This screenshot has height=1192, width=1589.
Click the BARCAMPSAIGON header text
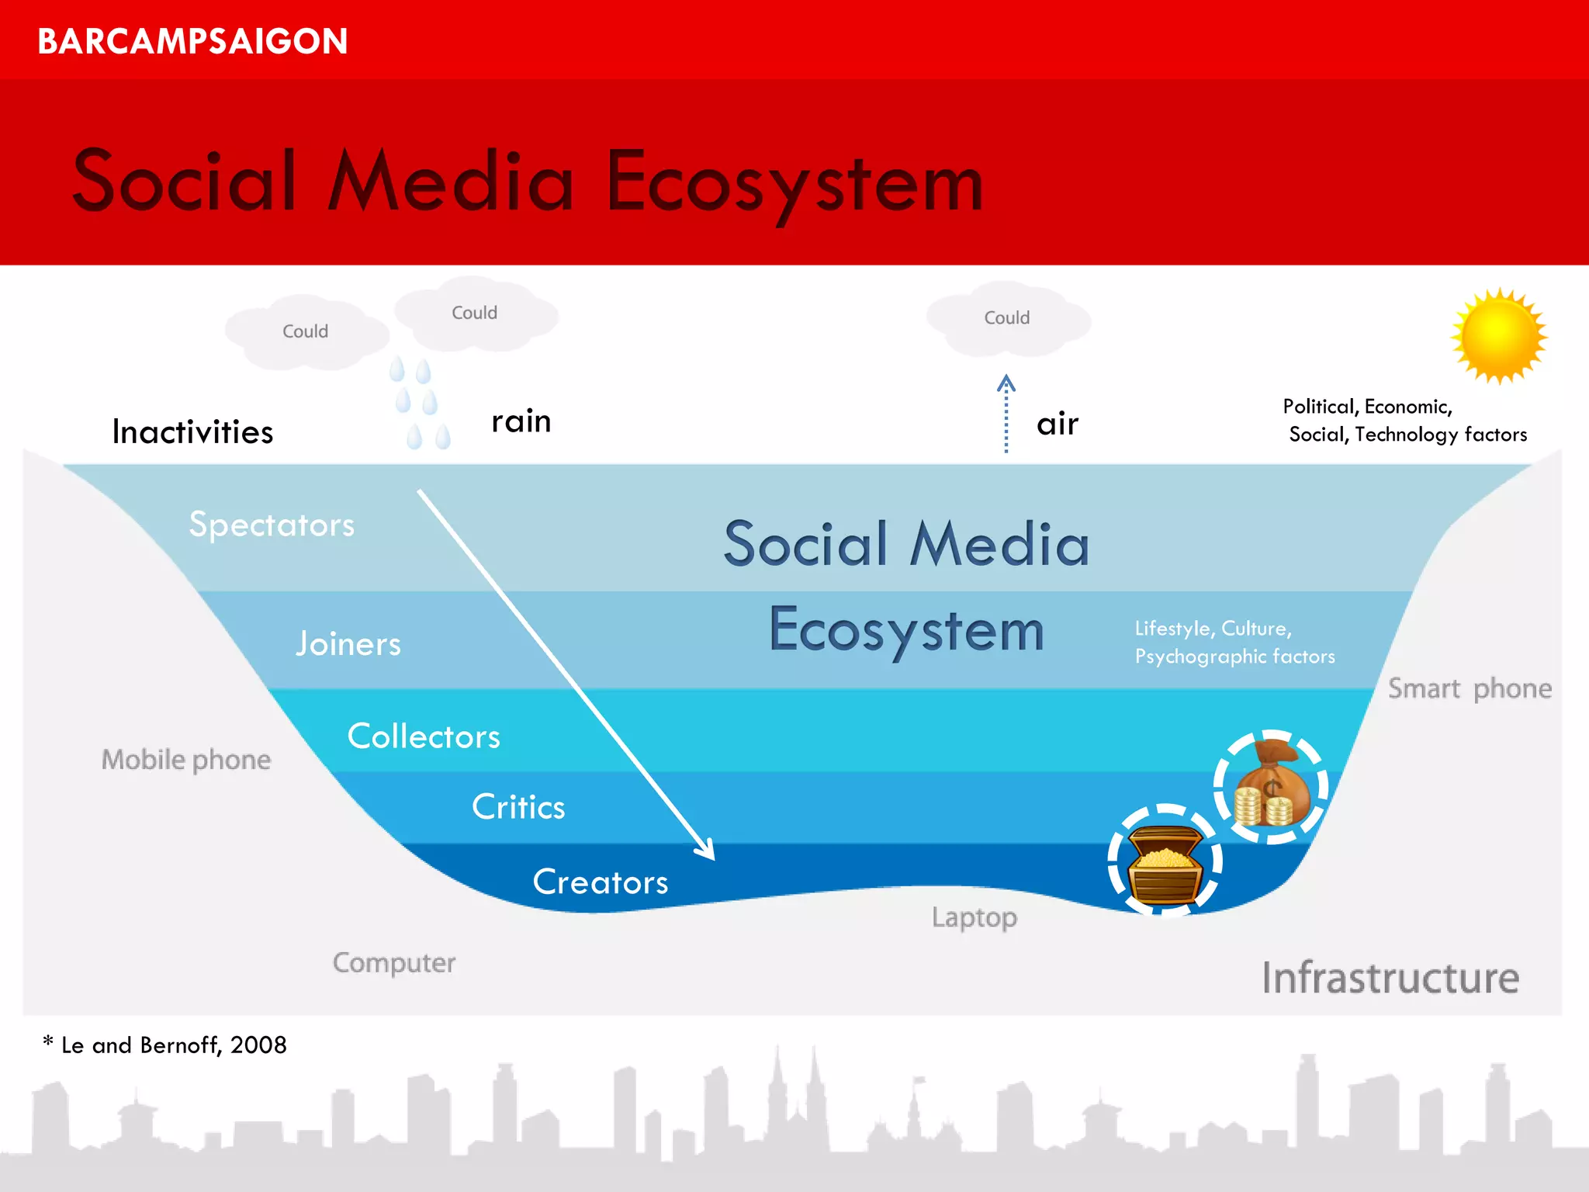tap(192, 41)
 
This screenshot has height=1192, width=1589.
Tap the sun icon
tap(1499, 336)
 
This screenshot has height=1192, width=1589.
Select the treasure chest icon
tap(1165, 861)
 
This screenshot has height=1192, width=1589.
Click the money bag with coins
tap(1271, 786)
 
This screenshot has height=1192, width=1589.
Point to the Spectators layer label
tap(272, 525)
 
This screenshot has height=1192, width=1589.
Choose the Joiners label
tap(348, 644)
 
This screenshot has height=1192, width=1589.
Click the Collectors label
tap(424, 736)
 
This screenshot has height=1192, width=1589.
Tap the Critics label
tap(518, 807)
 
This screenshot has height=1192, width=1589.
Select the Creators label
tap(601, 882)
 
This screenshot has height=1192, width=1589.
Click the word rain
tap(521, 421)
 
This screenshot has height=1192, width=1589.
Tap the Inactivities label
tap(192, 432)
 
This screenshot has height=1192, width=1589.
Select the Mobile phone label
tap(186, 760)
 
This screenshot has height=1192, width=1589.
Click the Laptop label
tap(975, 917)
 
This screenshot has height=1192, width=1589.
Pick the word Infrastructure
tap(1390, 978)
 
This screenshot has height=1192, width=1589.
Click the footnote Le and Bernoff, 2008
tap(165, 1045)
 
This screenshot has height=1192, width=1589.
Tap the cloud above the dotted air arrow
tap(1007, 318)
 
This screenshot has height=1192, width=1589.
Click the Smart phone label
tap(1470, 689)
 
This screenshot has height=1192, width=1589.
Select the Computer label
tap(394, 963)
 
